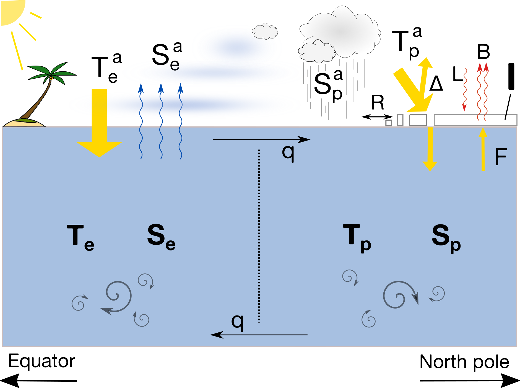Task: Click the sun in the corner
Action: (x=11, y=11)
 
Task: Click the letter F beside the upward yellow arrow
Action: (x=501, y=157)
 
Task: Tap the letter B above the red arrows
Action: (x=483, y=52)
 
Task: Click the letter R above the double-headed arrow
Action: (x=378, y=102)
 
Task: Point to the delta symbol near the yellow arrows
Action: (x=436, y=84)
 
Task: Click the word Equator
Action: (x=41, y=361)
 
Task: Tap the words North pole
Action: (x=464, y=362)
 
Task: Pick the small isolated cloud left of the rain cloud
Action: (x=265, y=31)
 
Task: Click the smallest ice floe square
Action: (x=389, y=123)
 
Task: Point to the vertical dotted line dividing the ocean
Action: (x=259, y=235)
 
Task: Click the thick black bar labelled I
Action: (x=511, y=76)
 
